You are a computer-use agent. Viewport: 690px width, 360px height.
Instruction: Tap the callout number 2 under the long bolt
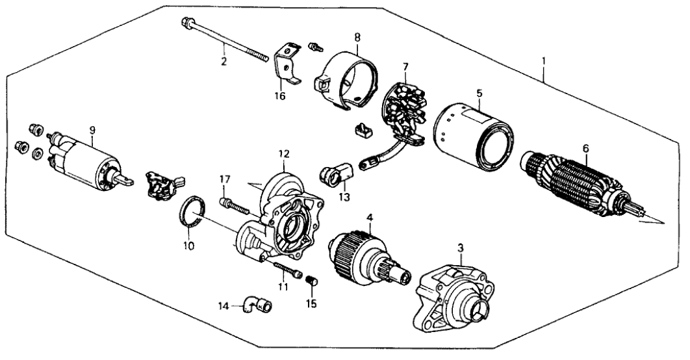click(224, 61)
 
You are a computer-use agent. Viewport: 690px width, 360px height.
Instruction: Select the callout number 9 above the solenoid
click(92, 130)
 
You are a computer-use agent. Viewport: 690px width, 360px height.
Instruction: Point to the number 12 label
click(284, 153)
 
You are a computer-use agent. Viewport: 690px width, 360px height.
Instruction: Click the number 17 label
click(225, 179)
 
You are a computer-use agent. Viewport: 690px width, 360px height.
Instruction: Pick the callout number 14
click(225, 305)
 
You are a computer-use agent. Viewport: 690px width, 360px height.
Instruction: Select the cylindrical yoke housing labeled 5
click(473, 136)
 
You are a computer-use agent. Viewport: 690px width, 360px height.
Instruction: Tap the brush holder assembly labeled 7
click(403, 114)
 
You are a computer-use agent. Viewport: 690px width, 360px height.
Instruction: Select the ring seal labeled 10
click(192, 213)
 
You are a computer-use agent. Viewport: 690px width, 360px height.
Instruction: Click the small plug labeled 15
click(312, 280)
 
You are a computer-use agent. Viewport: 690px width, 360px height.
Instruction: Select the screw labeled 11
click(288, 269)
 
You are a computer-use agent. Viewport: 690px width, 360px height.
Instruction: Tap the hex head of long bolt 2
click(186, 22)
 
